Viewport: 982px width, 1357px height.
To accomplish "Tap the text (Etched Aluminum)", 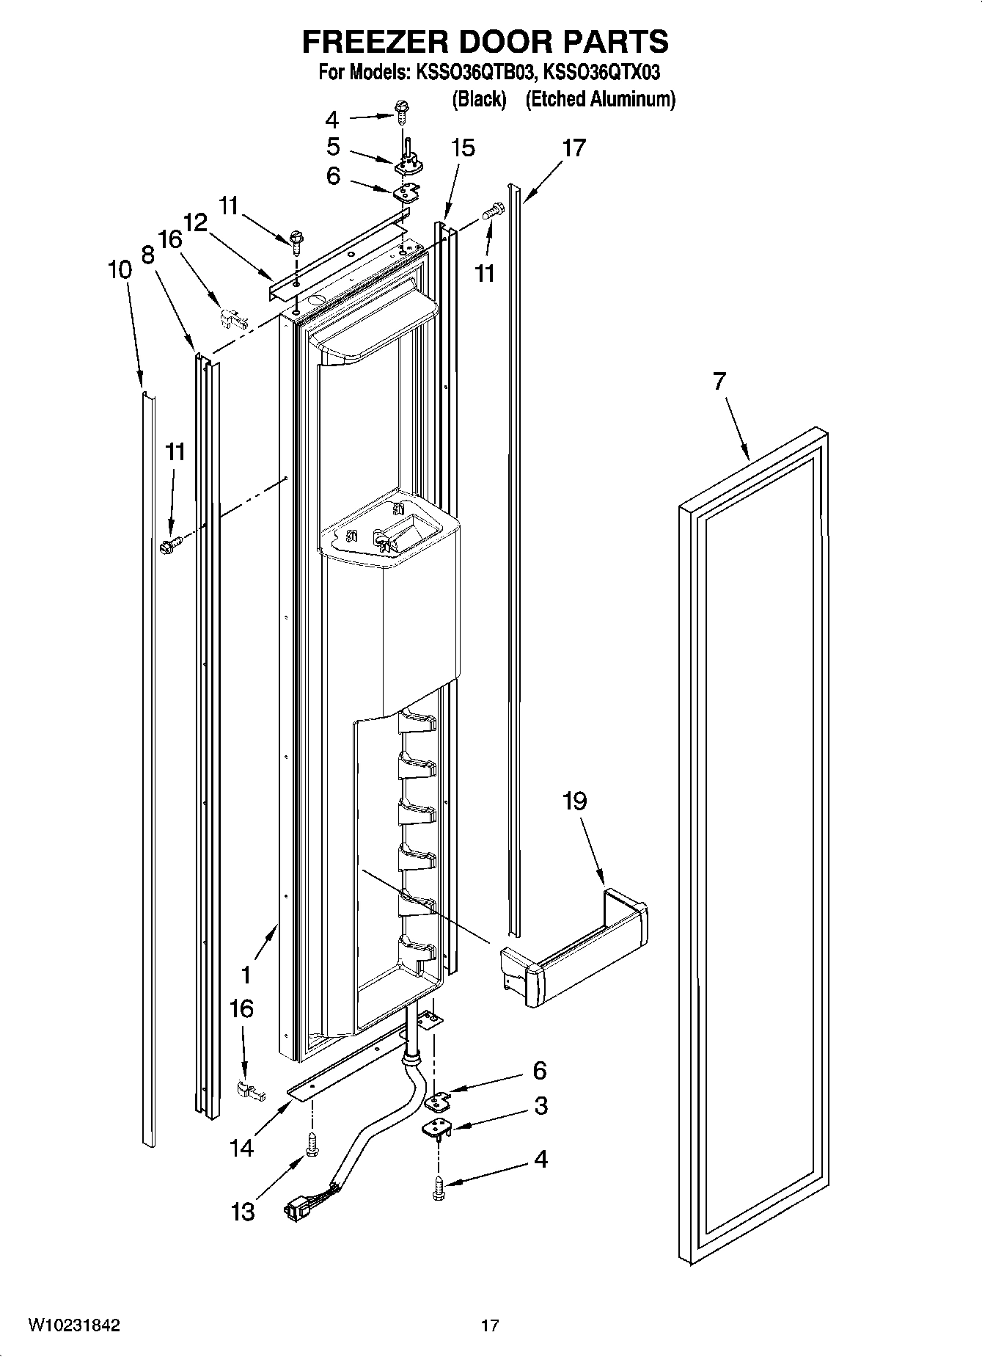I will pyautogui.click(x=600, y=99).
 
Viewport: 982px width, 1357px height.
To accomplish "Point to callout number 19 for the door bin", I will pyautogui.click(x=574, y=801).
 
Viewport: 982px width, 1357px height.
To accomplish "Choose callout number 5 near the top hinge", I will pyautogui.click(x=333, y=148).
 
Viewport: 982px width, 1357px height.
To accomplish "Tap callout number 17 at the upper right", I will pyautogui.click(x=574, y=148).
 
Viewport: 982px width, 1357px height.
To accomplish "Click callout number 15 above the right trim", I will pyautogui.click(x=463, y=148).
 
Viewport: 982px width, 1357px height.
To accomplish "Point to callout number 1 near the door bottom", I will pyautogui.click(x=246, y=975).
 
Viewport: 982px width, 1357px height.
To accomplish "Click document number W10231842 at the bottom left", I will pyautogui.click(x=74, y=1325).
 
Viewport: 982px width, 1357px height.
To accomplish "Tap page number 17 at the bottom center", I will pyautogui.click(x=489, y=1325).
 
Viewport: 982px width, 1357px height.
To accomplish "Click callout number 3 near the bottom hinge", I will pyautogui.click(x=541, y=1105).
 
